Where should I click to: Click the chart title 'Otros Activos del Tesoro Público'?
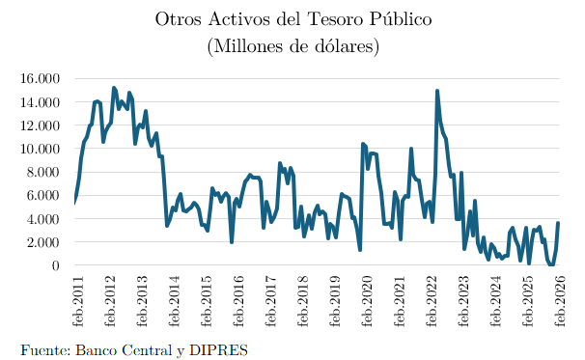tap(292, 19)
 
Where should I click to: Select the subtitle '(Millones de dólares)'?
tap(292, 45)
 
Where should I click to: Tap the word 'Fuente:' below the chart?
tap(45, 348)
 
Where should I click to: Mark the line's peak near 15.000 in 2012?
tap(113, 88)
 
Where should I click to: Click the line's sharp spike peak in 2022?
tap(437, 91)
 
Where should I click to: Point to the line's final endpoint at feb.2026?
tap(558, 223)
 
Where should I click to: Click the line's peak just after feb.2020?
tap(363, 144)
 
